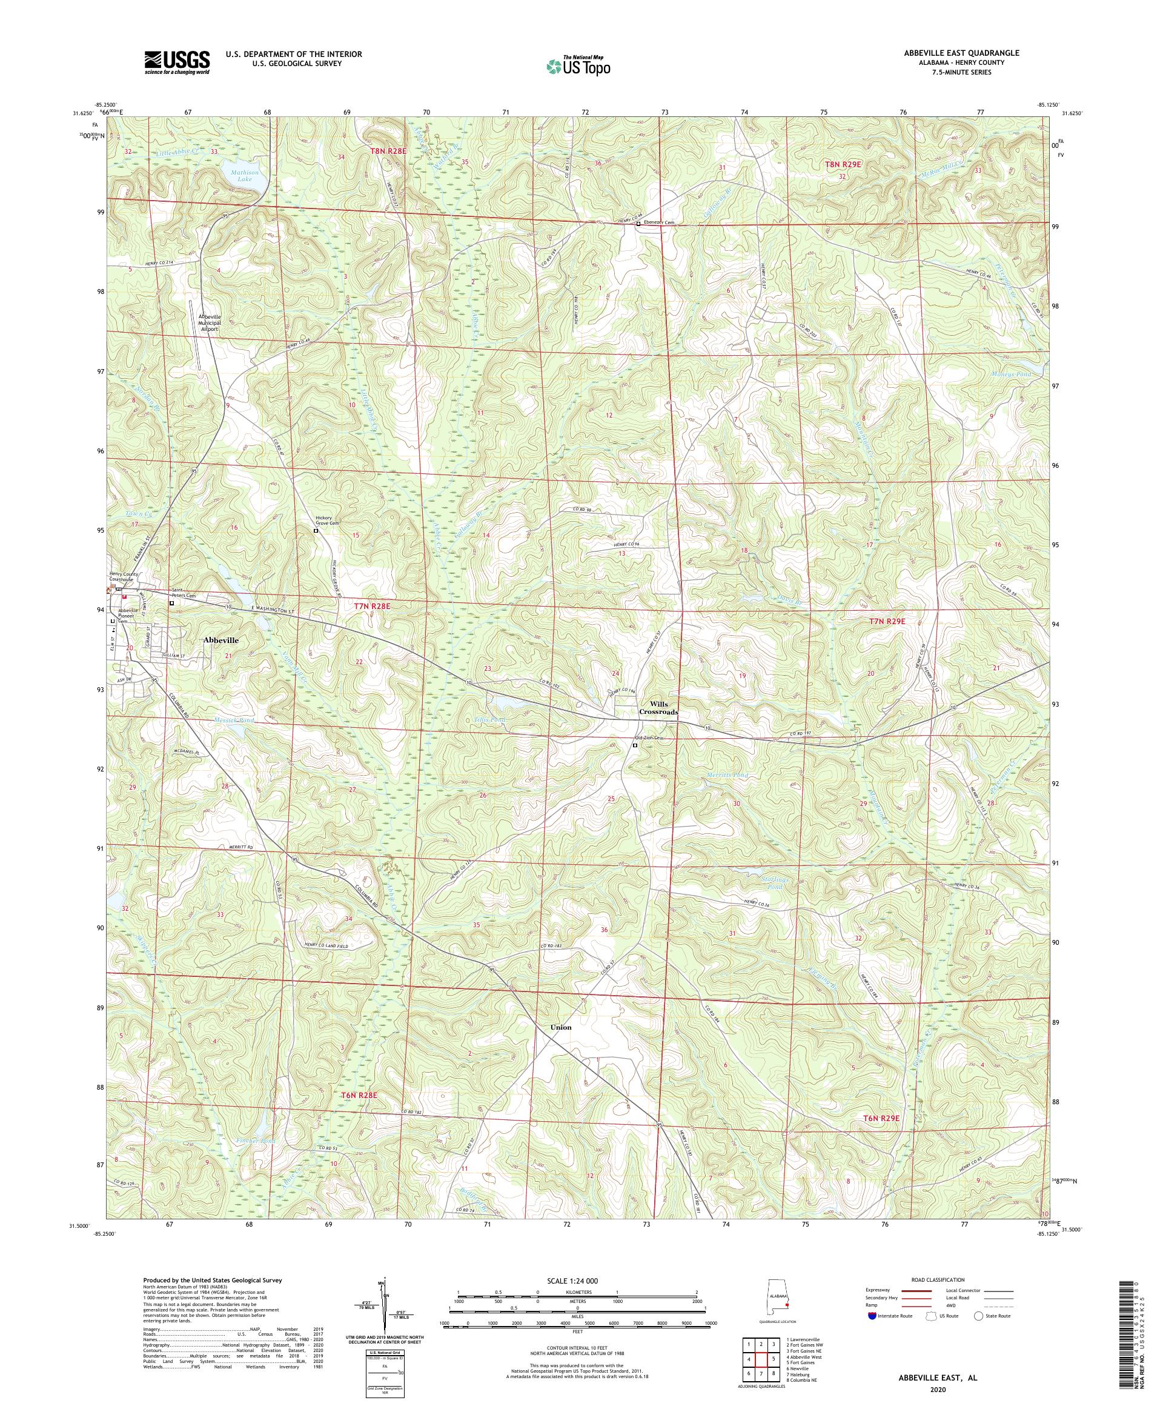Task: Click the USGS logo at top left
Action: pos(177,63)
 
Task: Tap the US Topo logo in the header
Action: pos(580,65)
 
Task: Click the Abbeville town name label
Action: pos(221,640)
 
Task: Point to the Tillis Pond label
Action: pos(489,721)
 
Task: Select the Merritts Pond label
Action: pos(727,775)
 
